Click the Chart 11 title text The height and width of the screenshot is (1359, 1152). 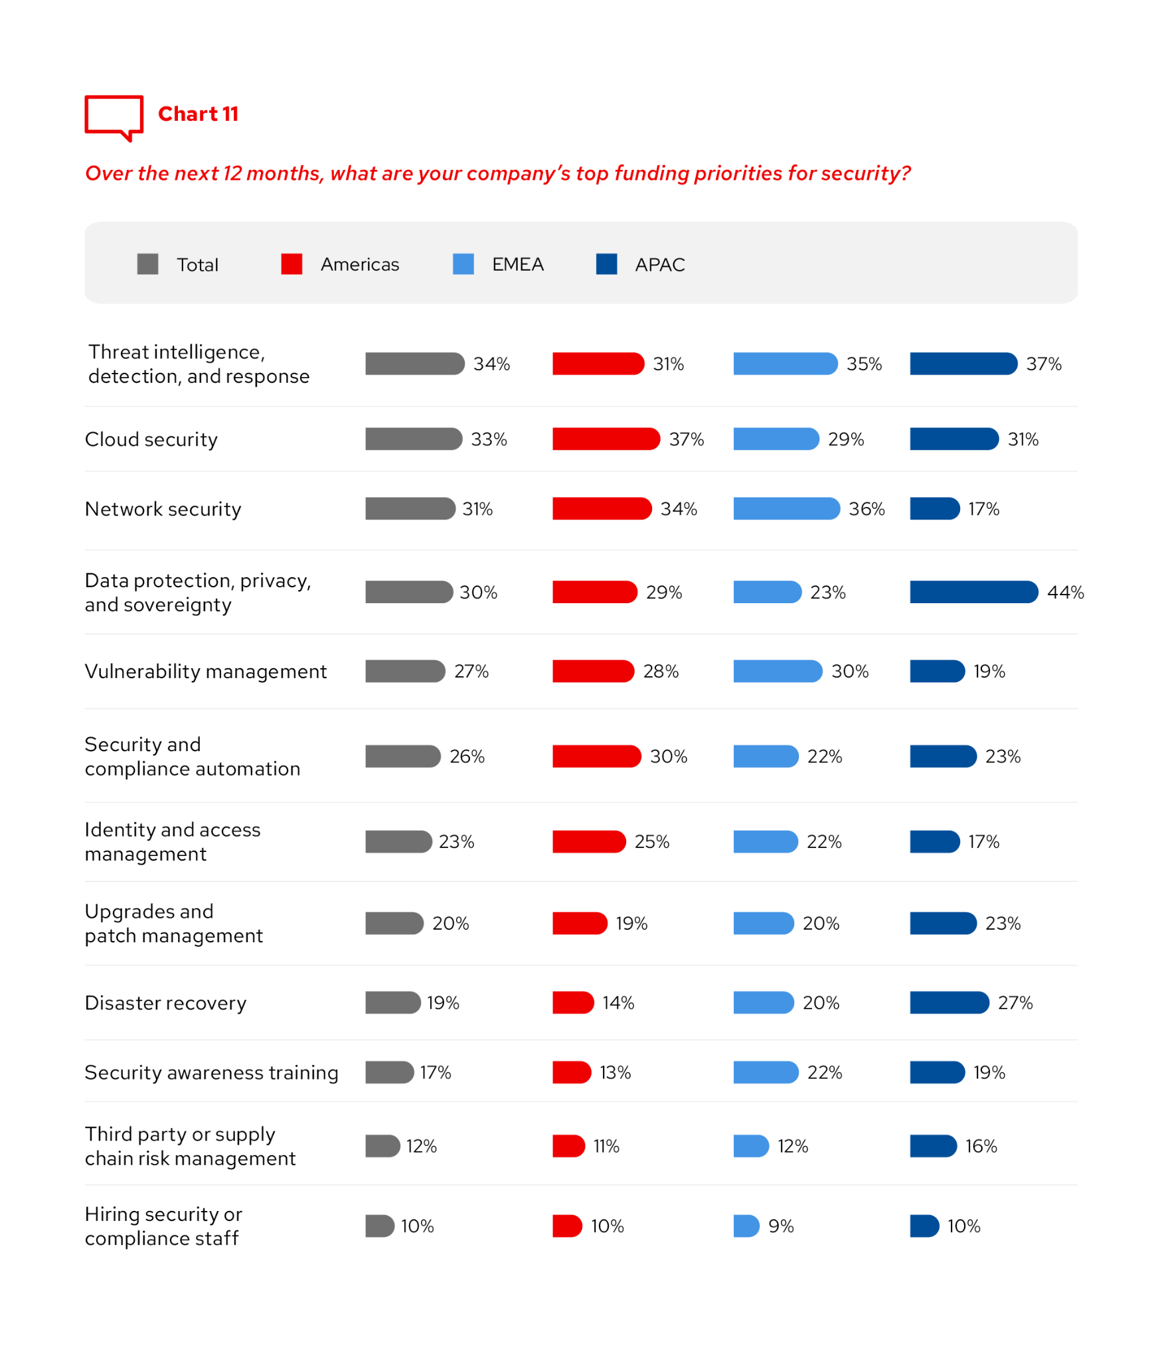[x=198, y=114]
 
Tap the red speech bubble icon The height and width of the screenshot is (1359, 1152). [x=114, y=116]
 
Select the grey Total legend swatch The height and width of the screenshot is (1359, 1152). [x=147, y=264]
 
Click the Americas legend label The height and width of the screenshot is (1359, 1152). [x=360, y=265]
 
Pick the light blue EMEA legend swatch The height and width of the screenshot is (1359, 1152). [x=463, y=264]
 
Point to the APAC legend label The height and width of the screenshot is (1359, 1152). [x=659, y=265]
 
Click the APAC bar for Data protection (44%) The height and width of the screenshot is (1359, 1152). [x=973, y=592]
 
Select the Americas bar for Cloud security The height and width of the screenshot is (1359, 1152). [x=606, y=439]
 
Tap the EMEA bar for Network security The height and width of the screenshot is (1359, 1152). [x=786, y=509]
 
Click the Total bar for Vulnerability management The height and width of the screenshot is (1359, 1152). [x=404, y=671]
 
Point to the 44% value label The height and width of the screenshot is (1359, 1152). [x=1065, y=592]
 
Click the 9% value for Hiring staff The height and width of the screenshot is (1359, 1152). [x=781, y=1226]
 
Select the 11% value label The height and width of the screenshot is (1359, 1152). [x=606, y=1146]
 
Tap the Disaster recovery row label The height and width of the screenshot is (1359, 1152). [x=165, y=1003]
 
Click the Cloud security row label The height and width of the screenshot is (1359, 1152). [x=151, y=439]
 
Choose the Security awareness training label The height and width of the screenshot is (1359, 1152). [x=211, y=1072]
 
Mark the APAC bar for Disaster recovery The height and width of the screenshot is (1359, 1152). [x=949, y=1003]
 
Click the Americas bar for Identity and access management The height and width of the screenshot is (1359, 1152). [x=588, y=841]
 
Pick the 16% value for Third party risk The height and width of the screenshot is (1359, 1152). [x=981, y=1146]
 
